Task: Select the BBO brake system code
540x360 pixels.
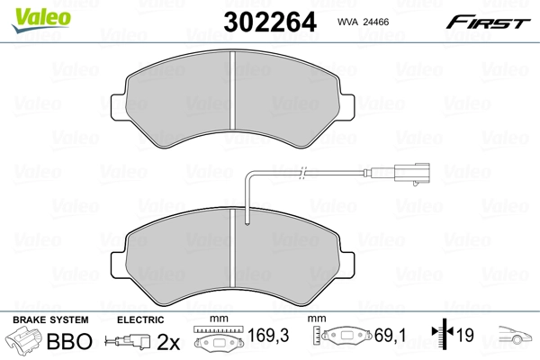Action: coord(67,342)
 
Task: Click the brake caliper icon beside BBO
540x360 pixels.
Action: coord(24,341)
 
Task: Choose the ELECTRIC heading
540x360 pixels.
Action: coord(139,320)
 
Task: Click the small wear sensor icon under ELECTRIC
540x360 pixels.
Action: coord(128,341)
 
